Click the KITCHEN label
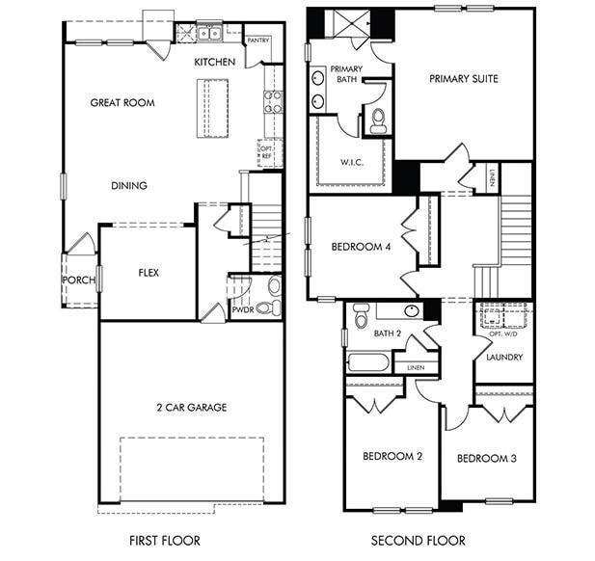(x=214, y=62)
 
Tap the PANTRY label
(x=257, y=40)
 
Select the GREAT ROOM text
(x=122, y=102)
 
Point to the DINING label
(x=128, y=185)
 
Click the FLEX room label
(x=148, y=273)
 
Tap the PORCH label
(x=79, y=280)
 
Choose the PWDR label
(x=241, y=309)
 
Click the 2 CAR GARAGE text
(x=191, y=408)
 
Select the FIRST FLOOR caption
(x=164, y=541)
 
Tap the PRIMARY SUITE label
(x=464, y=79)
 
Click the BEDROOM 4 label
(x=361, y=247)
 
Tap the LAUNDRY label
(x=504, y=358)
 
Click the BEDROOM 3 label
(x=486, y=458)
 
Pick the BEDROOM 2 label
(x=392, y=456)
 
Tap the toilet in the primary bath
(x=378, y=119)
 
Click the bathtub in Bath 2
(x=367, y=363)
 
